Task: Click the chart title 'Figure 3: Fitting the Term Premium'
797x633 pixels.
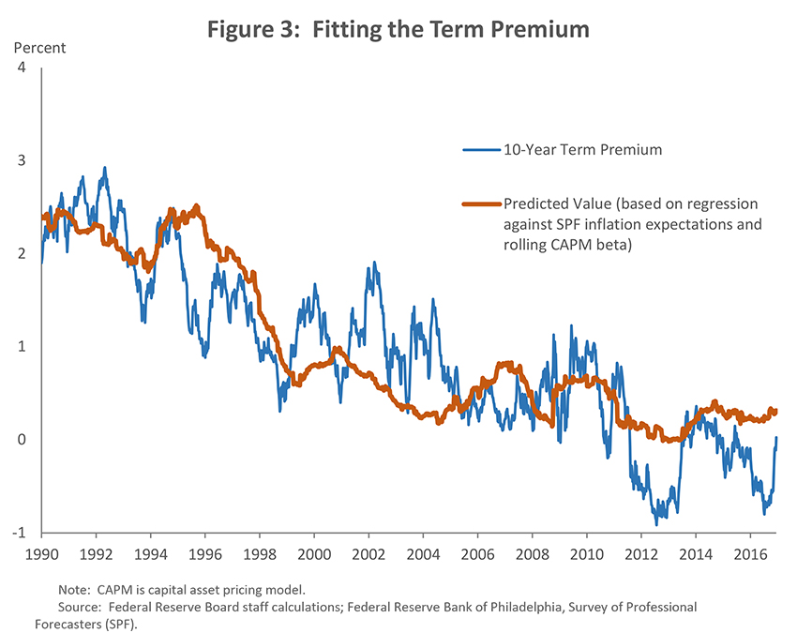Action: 398,30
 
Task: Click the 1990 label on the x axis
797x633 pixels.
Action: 40,554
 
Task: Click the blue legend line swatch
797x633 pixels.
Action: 481,148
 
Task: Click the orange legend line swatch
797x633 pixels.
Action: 481,203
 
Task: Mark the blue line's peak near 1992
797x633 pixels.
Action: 104,168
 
